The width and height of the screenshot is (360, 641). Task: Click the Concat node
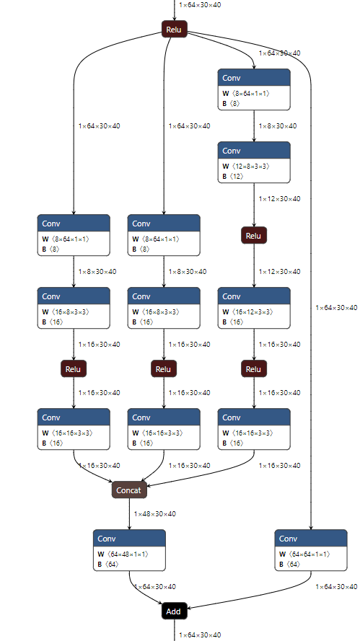point(130,490)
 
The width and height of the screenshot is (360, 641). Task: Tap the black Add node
point(174,611)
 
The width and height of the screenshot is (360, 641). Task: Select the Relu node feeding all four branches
point(174,30)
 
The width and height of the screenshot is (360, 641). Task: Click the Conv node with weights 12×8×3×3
point(254,162)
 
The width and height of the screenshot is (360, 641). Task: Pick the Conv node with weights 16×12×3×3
point(254,308)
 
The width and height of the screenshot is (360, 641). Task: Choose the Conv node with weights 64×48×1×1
point(129,550)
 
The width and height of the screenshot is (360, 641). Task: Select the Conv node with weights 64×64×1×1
point(310,550)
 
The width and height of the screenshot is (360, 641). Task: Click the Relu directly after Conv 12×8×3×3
point(253,235)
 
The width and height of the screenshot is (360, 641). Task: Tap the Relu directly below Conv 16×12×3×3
point(253,369)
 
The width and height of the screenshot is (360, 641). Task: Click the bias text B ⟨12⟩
point(234,176)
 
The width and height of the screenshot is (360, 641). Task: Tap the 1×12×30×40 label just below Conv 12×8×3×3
point(280,199)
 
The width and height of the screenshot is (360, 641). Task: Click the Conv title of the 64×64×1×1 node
point(289,539)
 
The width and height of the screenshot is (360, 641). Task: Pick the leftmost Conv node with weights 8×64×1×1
point(74,235)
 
